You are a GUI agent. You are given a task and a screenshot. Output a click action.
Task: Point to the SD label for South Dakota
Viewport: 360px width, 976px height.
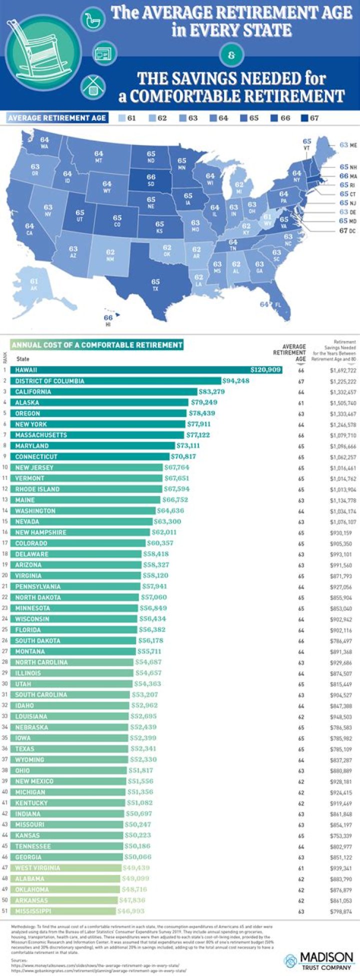(151, 183)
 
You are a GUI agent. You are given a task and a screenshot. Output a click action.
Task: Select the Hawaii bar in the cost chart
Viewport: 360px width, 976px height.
(145, 370)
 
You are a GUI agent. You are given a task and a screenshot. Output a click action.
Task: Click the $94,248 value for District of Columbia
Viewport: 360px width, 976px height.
(236, 381)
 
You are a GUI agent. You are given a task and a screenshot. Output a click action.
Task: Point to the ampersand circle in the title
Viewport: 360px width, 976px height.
(231, 55)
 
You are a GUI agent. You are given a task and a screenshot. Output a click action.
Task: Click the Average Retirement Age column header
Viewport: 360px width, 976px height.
(294, 352)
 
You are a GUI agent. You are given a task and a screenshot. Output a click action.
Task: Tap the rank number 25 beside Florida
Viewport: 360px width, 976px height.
(5, 629)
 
